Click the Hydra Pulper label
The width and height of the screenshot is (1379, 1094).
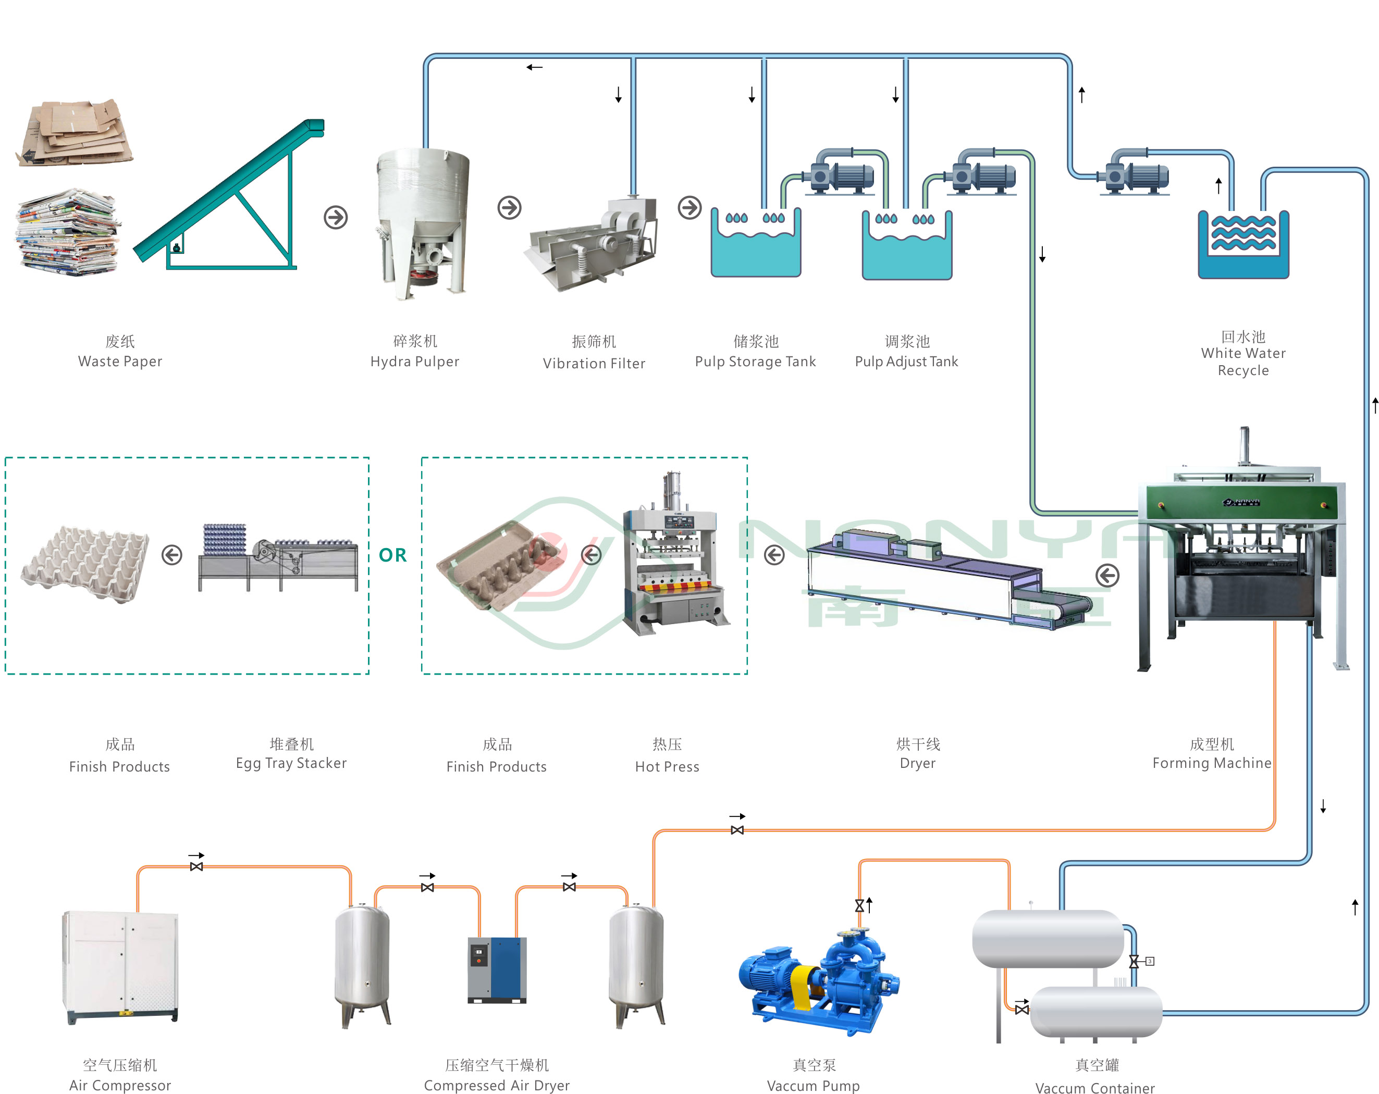[x=414, y=361]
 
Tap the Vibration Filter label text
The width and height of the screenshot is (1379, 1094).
[x=594, y=363]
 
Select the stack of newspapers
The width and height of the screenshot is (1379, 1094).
[x=68, y=232]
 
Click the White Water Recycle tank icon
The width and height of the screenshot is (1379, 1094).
[x=1243, y=245]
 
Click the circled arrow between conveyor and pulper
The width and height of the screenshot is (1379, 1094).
[x=336, y=217]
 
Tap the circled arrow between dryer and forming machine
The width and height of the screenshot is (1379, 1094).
[x=1107, y=576]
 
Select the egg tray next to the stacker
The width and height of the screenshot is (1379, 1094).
[x=85, y=563]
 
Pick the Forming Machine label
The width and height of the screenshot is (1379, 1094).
[x=1211, y=763]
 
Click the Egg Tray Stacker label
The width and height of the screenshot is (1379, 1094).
[x=291, y=763]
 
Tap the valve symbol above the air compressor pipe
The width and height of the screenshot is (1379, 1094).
[x=196, y=866]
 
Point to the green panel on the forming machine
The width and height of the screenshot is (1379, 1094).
[x=1241, y=502]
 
